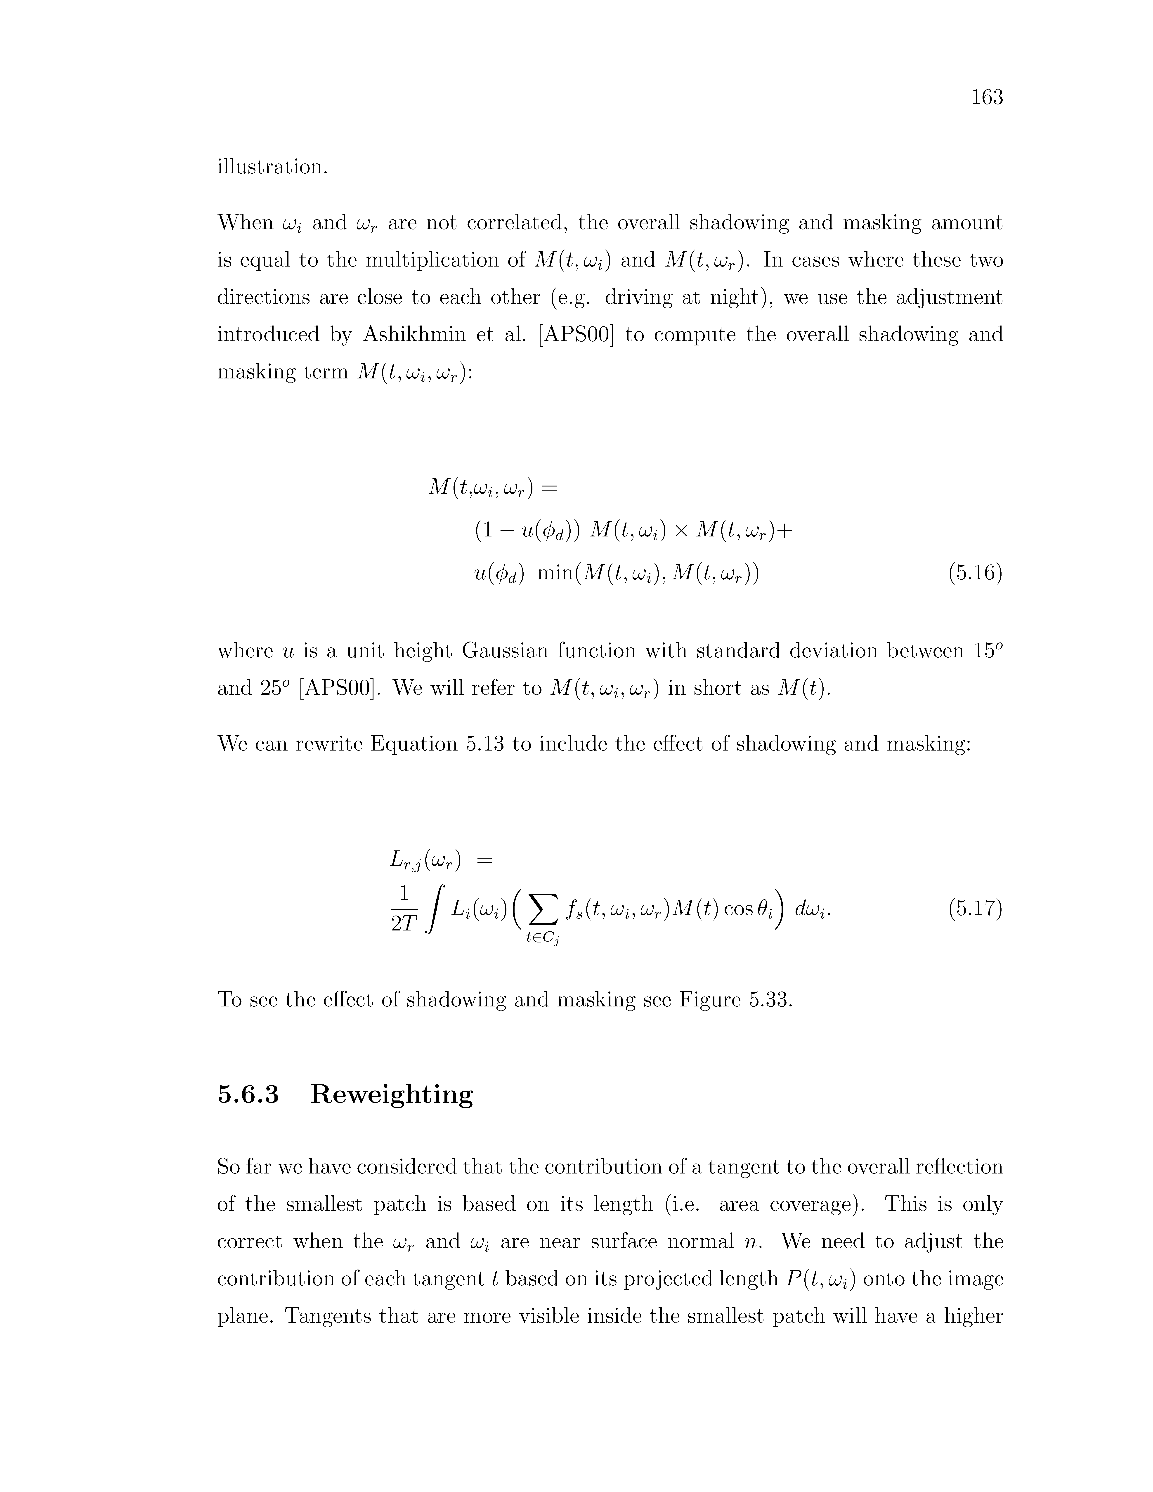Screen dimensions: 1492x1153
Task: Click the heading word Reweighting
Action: coord(391,1094)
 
